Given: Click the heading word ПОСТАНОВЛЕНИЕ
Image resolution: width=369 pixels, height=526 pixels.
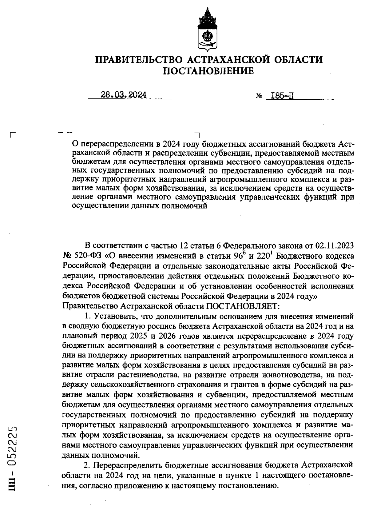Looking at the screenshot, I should pyautogui.click(x=208, y=71).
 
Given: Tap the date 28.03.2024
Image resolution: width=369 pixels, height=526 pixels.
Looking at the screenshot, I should pyautogui.click(x=124, y=95).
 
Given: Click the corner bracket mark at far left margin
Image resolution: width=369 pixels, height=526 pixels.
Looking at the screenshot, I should pyautogui.click(x=13, y=135).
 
